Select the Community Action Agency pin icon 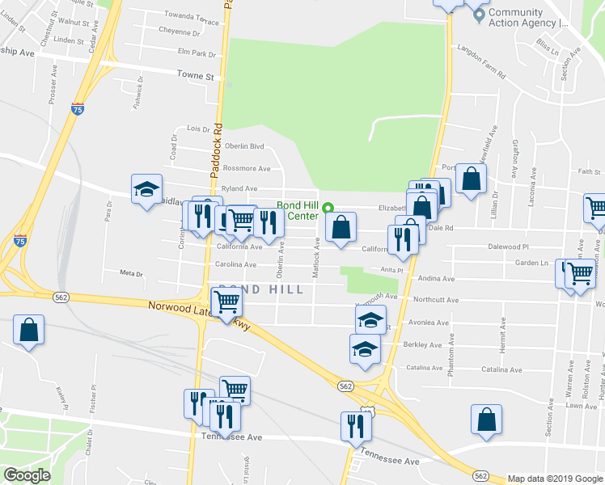(479, 14)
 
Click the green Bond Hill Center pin (327, 207)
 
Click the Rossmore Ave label (247, 168)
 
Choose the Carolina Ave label (235, 264)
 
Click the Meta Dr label (130, 273)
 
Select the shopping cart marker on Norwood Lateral (227, 302)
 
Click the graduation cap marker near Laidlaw (146, 190)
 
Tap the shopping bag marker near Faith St (471, 179)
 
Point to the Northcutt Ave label (435, 300)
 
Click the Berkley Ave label (422, 345)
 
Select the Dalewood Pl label (508, 247)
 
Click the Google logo (27, 475)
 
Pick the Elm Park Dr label (198, 54)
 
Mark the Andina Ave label (436, 278)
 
